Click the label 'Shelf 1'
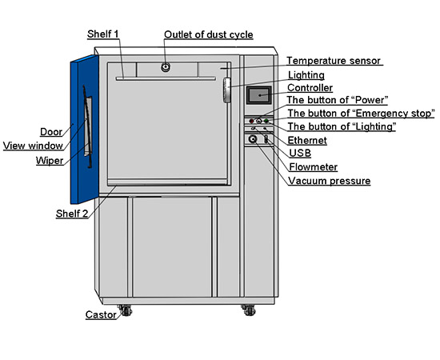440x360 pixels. pos(103,34)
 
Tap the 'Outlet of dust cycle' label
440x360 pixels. pos(209,34)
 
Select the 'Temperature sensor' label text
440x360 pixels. pos(334,61)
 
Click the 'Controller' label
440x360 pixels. pos(310,87)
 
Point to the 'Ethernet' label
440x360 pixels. pos(307,140)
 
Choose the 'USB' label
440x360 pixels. pos(300,153)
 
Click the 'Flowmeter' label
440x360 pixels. pos(313,167)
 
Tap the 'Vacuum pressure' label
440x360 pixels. pos(329,181)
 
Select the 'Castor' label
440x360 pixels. pos(101,314)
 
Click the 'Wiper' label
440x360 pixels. pos(50,161)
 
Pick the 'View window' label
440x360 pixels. pos(33,146)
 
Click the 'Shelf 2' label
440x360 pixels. pos(72,214)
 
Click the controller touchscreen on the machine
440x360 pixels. pos(259,95)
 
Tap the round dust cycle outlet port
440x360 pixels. pos(166,67)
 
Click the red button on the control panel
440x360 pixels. pos(251,121)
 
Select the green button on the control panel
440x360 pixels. pos(266,121)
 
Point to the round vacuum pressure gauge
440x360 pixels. pos(253,139)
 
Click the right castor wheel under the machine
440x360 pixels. pos(249,310)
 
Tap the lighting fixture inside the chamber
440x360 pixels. pos(227,90)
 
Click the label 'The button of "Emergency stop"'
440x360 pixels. pos(361,114)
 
